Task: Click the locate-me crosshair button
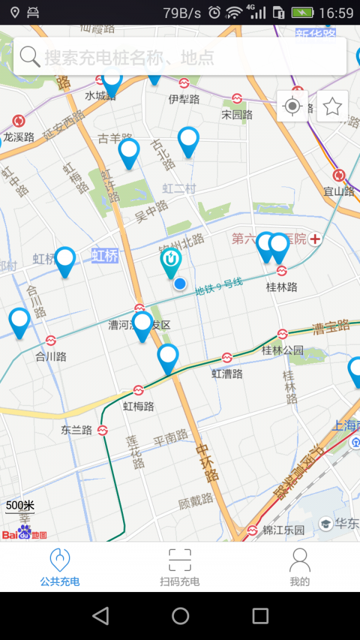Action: [292, 107]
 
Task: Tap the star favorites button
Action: [332, 107]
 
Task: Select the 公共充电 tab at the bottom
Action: [60, 567]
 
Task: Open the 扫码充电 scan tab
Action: [179, 567]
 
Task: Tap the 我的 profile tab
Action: [299, 567]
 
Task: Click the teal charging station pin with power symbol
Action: [171, 262]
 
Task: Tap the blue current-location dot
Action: [179, 284]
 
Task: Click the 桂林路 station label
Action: [281, 287]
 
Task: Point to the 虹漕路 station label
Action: [227, 374]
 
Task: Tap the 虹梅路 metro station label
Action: [139, 406]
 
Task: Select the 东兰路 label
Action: [77, 430]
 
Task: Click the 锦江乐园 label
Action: [284, 530]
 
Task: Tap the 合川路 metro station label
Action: [51, 356]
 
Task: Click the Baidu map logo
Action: [24, 533]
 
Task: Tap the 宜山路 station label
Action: [339, 191]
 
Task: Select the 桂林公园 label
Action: [283, 350]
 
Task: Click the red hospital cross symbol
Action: [315, 239]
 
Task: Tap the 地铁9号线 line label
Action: [219, 286]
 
